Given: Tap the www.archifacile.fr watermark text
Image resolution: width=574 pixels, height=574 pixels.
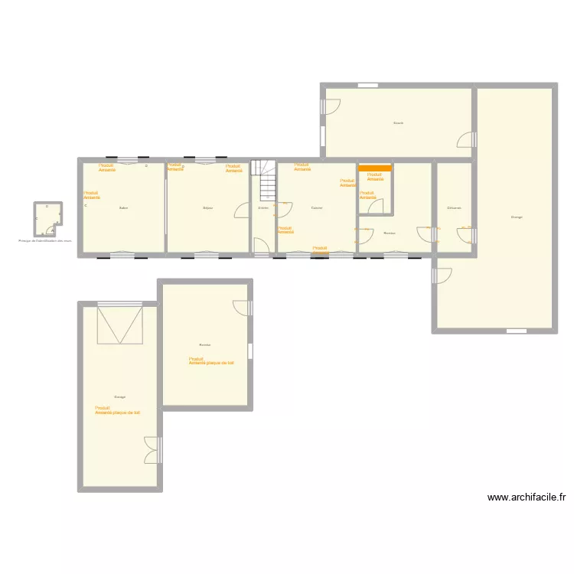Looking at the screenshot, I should [527, 497].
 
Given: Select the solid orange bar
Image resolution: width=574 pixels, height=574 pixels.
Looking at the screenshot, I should [375, 167].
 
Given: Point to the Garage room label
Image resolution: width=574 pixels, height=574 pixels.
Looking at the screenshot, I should [120, 396].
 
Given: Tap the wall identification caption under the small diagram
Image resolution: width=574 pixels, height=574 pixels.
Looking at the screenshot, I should [45, 240].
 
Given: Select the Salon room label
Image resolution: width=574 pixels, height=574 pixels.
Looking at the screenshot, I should [123, 208].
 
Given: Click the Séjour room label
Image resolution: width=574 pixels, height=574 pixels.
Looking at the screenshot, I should [207, 208].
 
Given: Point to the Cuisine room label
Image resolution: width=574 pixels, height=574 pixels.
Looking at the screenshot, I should [317, 208].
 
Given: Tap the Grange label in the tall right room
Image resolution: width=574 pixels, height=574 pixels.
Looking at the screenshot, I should [517, 217].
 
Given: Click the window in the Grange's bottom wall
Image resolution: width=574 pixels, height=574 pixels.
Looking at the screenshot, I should [517, 331].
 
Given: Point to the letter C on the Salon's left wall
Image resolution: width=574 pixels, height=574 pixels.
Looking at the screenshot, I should [86, 206].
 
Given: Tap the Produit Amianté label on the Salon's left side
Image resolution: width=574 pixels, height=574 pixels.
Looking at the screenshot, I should [91, 195].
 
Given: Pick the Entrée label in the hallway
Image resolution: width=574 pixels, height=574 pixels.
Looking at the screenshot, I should [263, 208].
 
